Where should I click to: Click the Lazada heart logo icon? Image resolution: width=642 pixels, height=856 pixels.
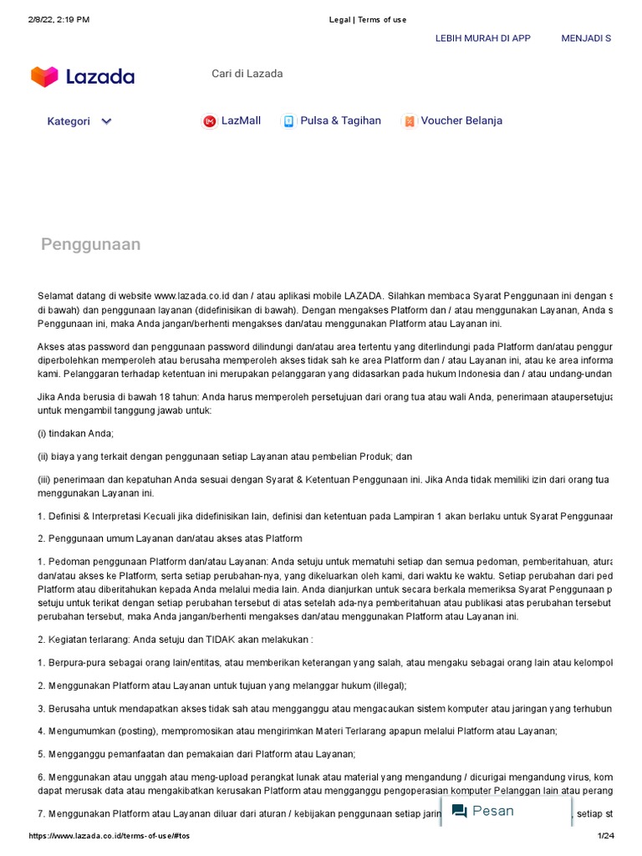(44, 77)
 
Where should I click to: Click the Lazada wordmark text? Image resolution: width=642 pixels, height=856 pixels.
(100, 77)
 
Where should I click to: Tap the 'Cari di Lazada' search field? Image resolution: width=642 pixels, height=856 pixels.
(247, 74)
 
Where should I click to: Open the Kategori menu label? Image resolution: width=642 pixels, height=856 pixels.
(69, 121)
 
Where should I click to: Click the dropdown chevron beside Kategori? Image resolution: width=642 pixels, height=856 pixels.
(106, 121)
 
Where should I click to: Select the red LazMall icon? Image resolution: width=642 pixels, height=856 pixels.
(209, 121)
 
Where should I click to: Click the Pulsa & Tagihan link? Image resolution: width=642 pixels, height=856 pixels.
(340, 120)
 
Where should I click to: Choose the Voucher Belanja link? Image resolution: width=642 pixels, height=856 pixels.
(461, 120)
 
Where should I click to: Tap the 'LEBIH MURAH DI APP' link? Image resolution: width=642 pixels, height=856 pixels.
(482, 38)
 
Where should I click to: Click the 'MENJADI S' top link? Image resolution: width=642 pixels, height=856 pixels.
(585, 38)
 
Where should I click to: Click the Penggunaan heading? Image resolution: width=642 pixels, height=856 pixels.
(90, 244)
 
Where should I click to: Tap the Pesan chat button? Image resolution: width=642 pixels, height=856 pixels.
(493, 811)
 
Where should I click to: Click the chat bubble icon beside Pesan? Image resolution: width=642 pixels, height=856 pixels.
(459, 811)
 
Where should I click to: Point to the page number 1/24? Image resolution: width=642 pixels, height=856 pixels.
(605, 837)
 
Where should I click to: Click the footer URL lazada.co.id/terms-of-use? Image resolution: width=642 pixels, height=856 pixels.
(110, 837)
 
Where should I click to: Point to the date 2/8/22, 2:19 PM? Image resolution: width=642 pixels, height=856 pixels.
(59, 19)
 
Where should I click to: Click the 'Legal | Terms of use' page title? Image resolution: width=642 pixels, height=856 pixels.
(368, 19)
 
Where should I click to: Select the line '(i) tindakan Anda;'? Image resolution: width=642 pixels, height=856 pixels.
(75, 433)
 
